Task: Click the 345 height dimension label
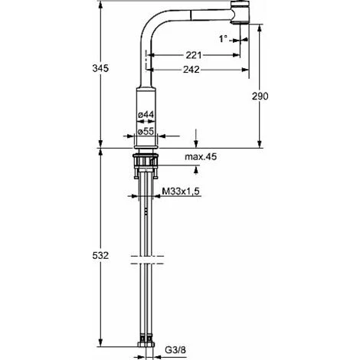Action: (x=100, y=68)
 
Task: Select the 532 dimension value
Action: (x=100, y=255)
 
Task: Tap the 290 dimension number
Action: (x=260, y=97)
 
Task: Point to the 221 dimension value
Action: (x=194, y=55)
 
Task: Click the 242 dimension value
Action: (x=191, y=69)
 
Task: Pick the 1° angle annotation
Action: (x=223, y=39)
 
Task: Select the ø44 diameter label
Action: (x=146, y=115)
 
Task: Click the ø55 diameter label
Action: (x=146, y=131)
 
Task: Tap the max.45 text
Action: (x=201, y=156)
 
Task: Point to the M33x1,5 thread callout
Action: (x=181, y=191)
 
